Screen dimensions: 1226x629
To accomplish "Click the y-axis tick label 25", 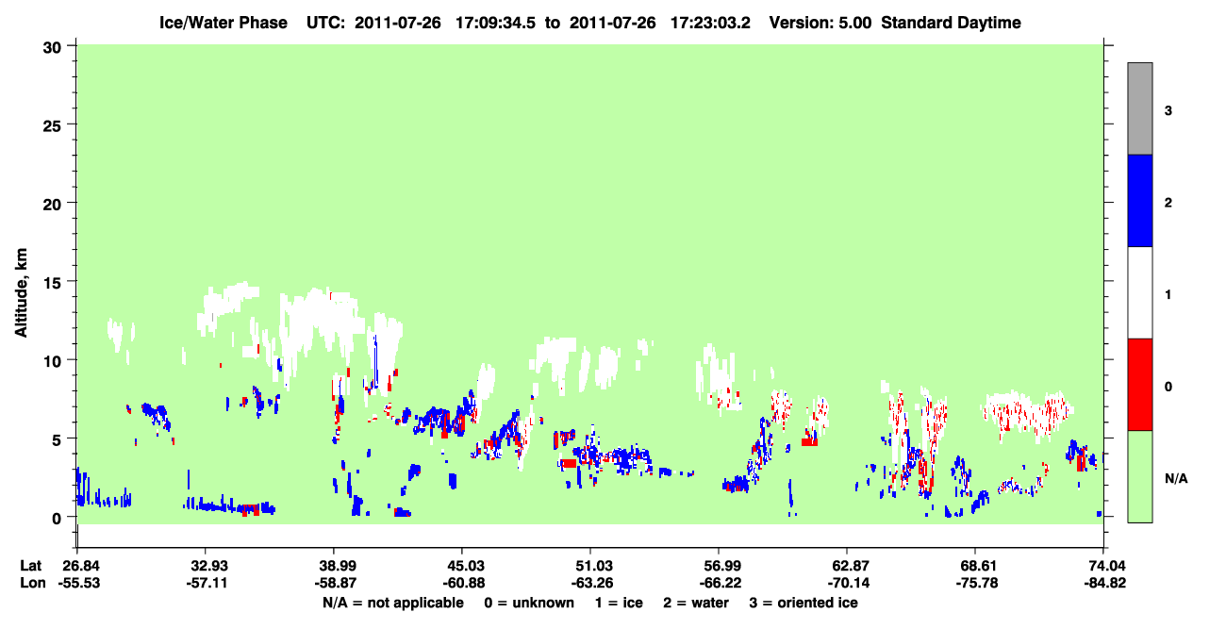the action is [52, 126].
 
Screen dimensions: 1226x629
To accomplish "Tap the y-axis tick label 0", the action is [57, 519].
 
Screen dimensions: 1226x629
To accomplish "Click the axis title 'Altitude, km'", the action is [21, 293].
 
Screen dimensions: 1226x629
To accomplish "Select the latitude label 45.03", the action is [463, 566].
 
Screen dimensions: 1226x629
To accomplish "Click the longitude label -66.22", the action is [720, 583].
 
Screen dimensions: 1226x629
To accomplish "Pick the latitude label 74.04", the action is [1104, 566].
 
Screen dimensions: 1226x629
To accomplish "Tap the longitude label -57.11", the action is [207, 583].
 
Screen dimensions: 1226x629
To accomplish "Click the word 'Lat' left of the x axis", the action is [30, 566].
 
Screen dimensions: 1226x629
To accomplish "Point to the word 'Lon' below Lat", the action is [33, 583].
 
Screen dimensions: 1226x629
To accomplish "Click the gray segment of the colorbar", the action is [1140, 108].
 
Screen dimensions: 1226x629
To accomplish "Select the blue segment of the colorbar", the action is [1140, 200].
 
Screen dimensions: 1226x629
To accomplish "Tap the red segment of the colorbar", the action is [1140, 385].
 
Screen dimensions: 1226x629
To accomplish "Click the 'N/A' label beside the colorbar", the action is [1176, 479].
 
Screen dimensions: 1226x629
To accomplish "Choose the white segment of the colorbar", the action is [1140, 292].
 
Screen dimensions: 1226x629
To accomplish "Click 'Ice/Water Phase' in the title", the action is [224, 23].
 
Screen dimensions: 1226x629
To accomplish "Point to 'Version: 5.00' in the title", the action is [820, 23].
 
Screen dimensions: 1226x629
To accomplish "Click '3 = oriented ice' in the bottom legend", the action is [804, 603].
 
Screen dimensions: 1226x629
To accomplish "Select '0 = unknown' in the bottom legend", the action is [529, 603].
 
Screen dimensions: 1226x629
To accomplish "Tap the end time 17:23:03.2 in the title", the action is [710, 23].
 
